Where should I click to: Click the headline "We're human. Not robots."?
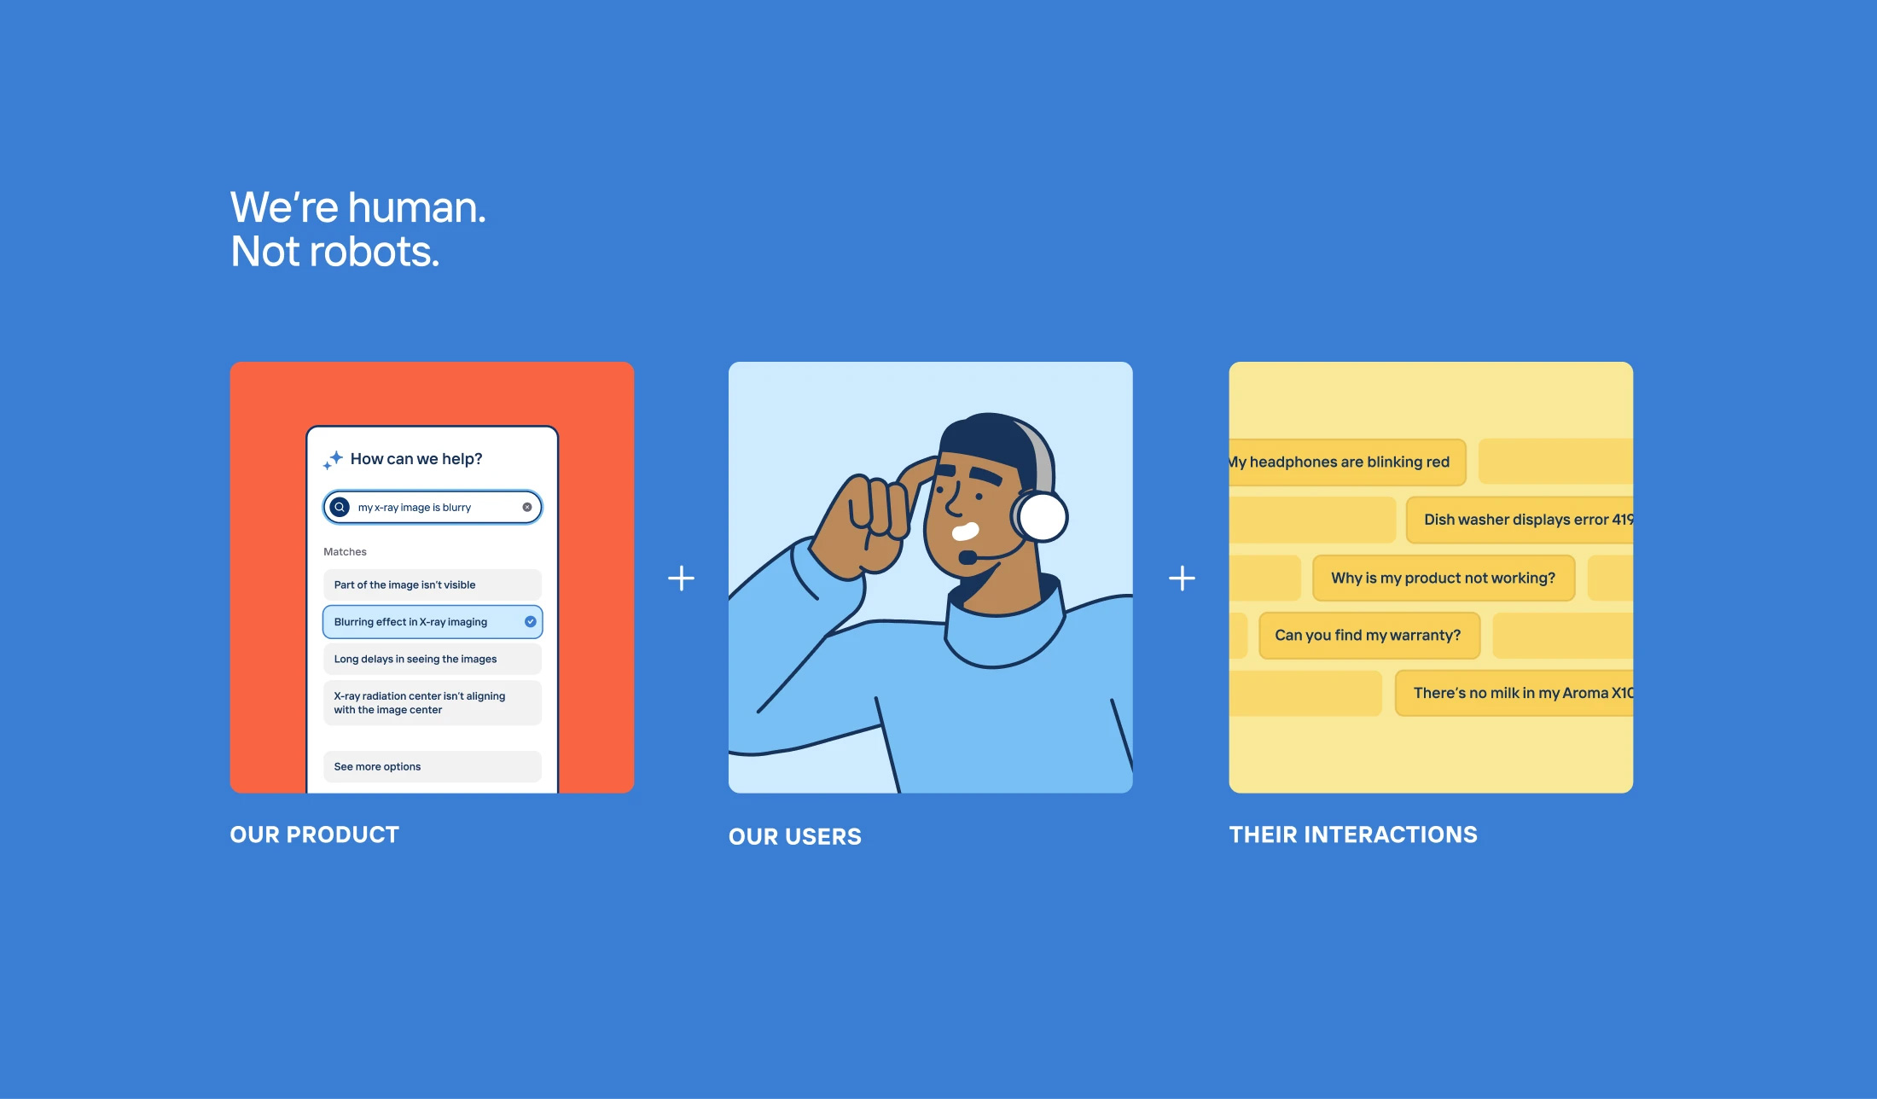coord(358,229)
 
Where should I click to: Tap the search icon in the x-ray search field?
coord(340,507)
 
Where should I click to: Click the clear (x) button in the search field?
coord(527,507)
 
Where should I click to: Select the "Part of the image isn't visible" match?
coord(433,584)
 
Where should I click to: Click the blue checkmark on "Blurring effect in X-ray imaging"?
coord(531,621)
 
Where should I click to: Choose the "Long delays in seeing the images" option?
coord(433,659)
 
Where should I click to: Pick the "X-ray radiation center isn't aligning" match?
coord(433,702)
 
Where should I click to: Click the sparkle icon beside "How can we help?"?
coord(334,459)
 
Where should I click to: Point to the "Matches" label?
coord(345,552)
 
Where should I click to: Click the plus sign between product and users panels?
coord(681,579)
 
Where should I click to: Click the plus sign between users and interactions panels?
coord(1182,579)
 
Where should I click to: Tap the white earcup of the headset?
coord(1042,517)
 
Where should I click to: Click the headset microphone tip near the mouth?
coord(968,557)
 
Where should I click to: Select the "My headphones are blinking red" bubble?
coord(1347,462)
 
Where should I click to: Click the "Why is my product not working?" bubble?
coord(1444,578)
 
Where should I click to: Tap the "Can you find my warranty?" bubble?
coord(1369,635)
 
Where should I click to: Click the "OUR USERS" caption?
coord(795,837)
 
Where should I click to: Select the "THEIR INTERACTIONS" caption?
coord(1353,834)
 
